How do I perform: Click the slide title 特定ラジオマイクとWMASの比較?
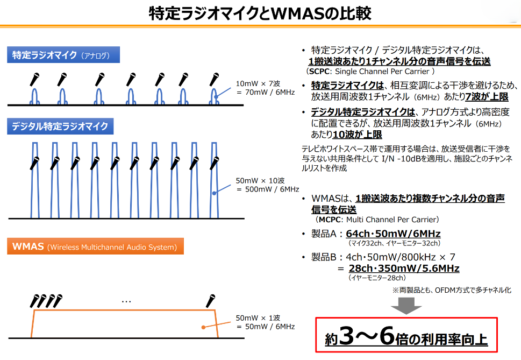click(260, 13)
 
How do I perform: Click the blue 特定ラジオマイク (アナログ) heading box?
click(63, 55)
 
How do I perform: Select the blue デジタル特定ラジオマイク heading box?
click(60, 126)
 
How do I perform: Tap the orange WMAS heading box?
click(95, 246)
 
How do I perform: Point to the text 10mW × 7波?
click(258, 83)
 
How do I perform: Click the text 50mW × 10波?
click(260, 180)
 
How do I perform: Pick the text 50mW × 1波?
click(258, 318)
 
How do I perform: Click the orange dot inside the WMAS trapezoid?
click(203, 327)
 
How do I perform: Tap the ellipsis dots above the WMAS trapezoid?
click(126, 302)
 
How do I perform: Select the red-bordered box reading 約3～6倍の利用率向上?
click(406, 335)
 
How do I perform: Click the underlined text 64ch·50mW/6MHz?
click(393, 234)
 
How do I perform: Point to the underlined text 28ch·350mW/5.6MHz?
click(404, 269)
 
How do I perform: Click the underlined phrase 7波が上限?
click(487, 97)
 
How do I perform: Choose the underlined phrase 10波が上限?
click(357, 135)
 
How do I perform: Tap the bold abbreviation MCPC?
click(330, 220)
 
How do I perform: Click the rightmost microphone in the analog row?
click(214, 80)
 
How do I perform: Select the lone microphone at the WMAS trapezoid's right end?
click(210, 301)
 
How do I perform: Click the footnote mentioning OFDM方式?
click(452, 290)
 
